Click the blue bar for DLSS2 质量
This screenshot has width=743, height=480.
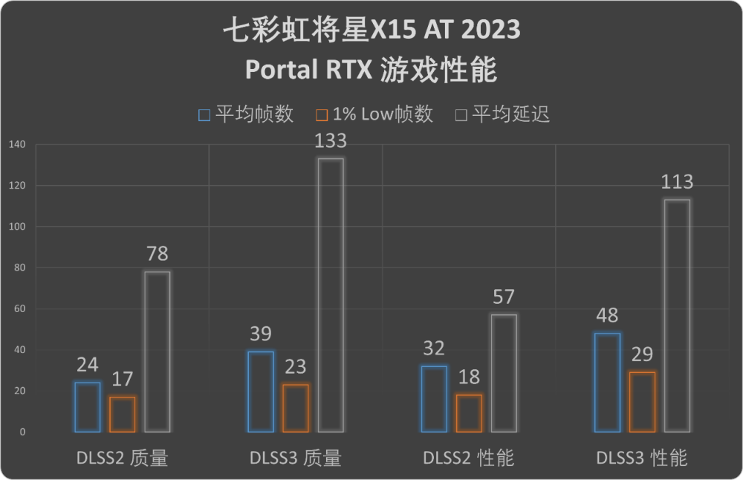click(87, 407)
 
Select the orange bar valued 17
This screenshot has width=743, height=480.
click(122, 414)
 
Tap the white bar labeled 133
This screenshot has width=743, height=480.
click(331, 295)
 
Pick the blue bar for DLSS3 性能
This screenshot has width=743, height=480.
click(607, 382)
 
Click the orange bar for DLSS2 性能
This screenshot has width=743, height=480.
click(468, 413)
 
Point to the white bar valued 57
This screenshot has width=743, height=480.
click(504, 373)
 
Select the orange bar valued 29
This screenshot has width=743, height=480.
click(642, 402)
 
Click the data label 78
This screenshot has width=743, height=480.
click(157, 254)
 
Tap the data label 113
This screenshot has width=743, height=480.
click(677, 182)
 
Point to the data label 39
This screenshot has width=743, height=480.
click(261, 334)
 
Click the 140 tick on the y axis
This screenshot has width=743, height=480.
click(17, 145)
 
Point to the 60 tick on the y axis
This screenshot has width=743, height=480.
click(19, 309)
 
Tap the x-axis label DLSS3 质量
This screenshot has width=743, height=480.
click(296, 458)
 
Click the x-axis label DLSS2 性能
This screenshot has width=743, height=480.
click(469, 458)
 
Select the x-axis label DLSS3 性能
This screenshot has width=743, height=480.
click(642, 458)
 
